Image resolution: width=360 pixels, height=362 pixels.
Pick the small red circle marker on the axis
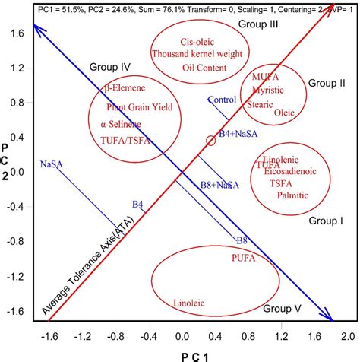(210, 141)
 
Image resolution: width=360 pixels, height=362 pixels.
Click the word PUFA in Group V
(243, 259)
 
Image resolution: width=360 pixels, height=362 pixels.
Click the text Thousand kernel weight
(191, 54)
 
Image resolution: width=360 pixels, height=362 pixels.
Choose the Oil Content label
(201, 68)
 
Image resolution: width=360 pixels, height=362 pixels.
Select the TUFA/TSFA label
(125, 140)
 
